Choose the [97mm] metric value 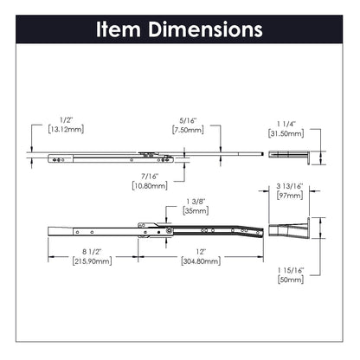tap(287, 196)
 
